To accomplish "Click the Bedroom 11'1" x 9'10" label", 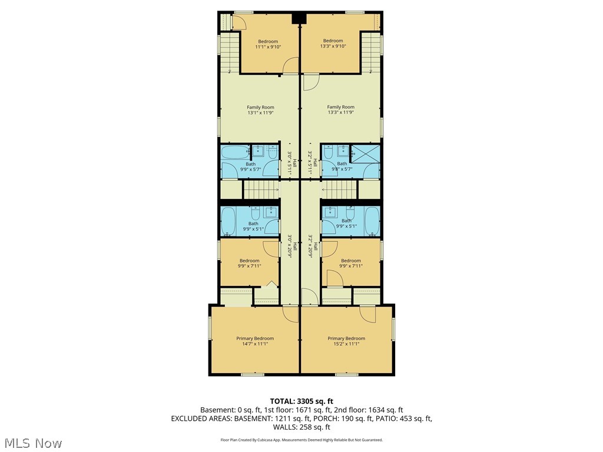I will pyautogui.click(x=268, y=44).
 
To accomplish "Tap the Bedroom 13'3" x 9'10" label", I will pyautogui.click(x=333, y=44).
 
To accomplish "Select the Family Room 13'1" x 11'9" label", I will pyautogui.click(x=260, y=110).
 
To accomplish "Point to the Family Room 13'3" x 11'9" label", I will pyautogui.click(x=341, y=110).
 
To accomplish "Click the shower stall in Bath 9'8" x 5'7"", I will pyautogui.click(x=365, y=152).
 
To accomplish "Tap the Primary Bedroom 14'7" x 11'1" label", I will pyautogui.click(x=255, y=341).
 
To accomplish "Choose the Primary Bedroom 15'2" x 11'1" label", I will pyautogui.click(x=346, y=341).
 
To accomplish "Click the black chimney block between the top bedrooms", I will pyautogui.click(x=300, y=18).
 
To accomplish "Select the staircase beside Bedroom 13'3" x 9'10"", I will pyautogui.click(x=370, y=52).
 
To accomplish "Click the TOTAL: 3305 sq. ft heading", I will pyautogui.click(x=301, y=401).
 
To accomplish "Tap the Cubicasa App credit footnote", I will pyautogui.click(x=301, y=440).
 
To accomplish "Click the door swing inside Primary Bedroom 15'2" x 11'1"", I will pyautogui.click(x=367, y=316).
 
